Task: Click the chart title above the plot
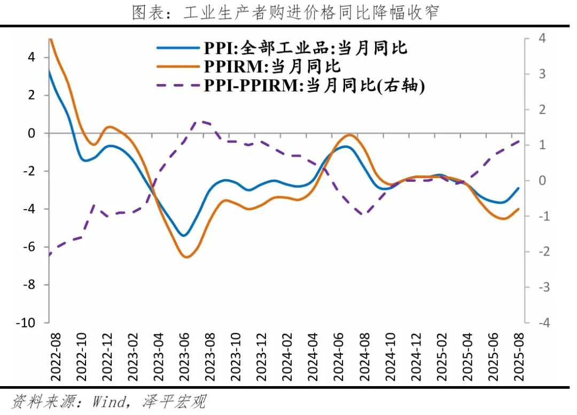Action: [x=285, y=12]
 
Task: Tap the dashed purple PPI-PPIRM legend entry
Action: [x=291, y=86]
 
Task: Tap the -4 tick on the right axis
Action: [x=541, y=323]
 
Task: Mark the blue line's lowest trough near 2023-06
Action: [x=183, y=235]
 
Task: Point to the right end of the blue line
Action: [x=519, y=188]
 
